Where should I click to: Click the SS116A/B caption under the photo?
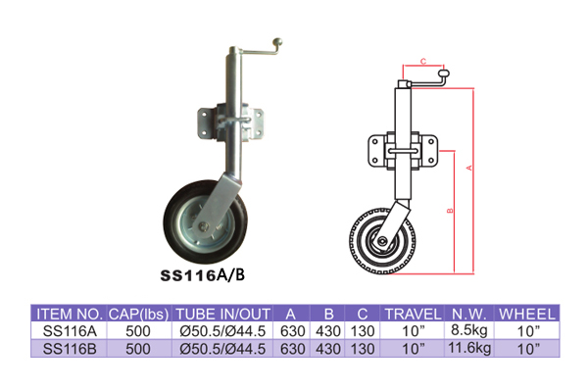[203, 275]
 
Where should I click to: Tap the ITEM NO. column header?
[70, 314]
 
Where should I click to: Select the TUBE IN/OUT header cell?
[222, 314]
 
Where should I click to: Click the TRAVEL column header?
[413, 314]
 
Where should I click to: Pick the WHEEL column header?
[527, 314]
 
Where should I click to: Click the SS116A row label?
[70, 331]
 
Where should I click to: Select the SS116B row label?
[70, 349]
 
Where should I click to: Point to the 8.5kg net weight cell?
[469, 330]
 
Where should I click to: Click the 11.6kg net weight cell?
[469, 348]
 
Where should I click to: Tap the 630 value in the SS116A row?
[292, 331]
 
